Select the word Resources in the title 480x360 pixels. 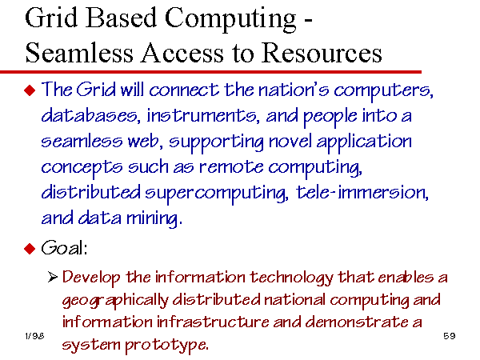[322, 53]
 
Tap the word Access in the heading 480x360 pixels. [182, 53]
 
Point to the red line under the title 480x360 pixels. [210, 72]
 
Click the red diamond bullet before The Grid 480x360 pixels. [30, 90]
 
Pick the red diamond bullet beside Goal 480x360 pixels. [30, 248]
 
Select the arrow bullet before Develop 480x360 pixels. [53, 277]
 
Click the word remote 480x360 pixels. [231, 167]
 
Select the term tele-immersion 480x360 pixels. [362, 193]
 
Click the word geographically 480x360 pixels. [115, 301]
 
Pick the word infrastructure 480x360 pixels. [213, 322]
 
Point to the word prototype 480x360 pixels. [167, 346]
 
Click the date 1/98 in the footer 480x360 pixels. [34, 336]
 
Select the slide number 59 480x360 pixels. [450, 336]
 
